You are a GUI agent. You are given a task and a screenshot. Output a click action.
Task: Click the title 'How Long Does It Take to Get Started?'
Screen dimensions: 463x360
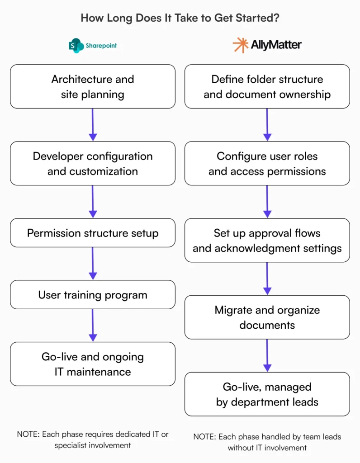pos(180,18)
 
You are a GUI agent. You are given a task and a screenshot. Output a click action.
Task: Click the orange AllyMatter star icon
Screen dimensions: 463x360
pos(240,45)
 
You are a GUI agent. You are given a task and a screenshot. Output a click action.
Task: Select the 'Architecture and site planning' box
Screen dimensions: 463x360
pos(93,86)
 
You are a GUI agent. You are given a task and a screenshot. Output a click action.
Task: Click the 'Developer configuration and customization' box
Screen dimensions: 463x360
pos(93,163)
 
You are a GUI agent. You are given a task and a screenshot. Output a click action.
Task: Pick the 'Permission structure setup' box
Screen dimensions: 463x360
pos(93,233)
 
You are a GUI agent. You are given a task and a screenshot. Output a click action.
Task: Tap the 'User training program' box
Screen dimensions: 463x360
pos(93,295)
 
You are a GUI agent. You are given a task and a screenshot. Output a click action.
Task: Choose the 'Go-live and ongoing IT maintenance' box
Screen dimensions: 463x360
pos(93,364)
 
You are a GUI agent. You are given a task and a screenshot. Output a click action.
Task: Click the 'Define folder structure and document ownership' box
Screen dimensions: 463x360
pos(267,86)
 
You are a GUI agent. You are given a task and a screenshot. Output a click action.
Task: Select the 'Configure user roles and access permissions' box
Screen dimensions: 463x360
pos(267,163)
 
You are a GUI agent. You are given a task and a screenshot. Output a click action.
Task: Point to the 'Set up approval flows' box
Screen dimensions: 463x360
pos(267,241)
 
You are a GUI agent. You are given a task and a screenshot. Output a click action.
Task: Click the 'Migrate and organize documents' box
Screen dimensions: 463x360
pos(267,317)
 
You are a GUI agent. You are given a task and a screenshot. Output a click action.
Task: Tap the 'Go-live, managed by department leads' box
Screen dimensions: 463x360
pos(267,394)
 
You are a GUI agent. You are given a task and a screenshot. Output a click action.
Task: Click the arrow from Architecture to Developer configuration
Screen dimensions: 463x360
pos(93,124)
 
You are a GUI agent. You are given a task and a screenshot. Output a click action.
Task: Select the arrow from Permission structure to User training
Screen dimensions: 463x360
pos(93,263)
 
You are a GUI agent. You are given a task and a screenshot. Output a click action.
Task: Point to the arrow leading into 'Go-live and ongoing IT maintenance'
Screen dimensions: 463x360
pos(93,325)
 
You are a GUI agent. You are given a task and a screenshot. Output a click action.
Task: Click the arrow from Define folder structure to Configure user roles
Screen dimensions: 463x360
pos(267,124)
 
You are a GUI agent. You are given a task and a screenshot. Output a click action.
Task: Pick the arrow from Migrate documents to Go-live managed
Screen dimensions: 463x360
pos(267,355)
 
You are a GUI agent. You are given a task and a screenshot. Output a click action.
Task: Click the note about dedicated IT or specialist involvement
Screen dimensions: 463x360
pos(93,439)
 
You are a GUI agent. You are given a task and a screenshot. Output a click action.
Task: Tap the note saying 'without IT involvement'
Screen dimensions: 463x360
pos(267,442)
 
